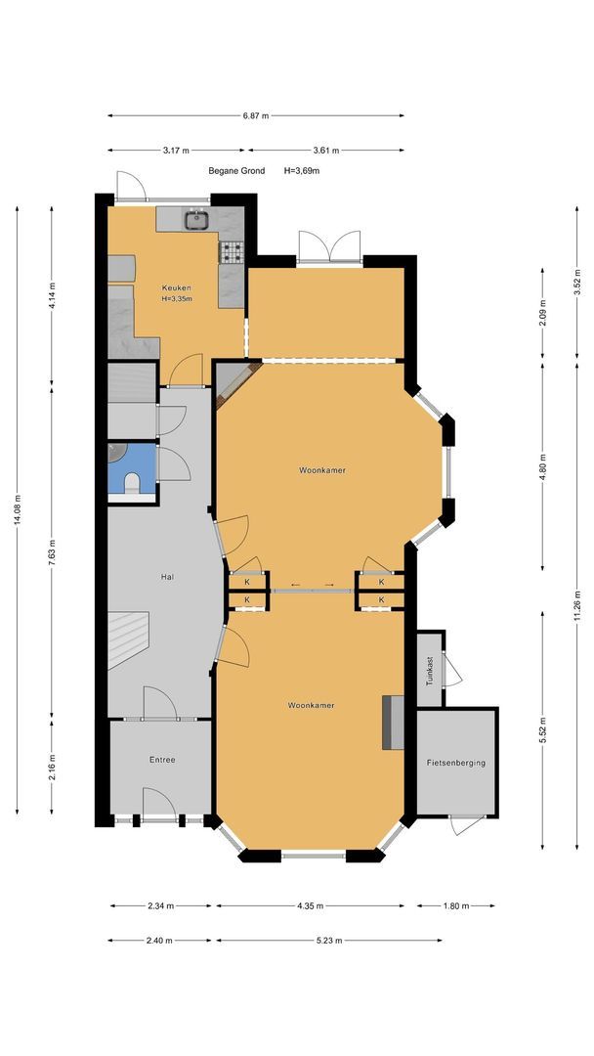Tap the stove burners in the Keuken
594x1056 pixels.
tap(233, 252)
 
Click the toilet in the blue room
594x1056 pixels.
tap(133, 482)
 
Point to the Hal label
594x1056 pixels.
tap(167, 577)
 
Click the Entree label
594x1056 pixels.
tap(162, 760)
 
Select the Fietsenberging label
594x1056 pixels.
tap(456, 763)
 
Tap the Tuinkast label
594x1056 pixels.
tap(430, 670)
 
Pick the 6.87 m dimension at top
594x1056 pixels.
tap(256, 115)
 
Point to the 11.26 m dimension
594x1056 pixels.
tap(577, 603)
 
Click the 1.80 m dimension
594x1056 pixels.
tap(455, 905)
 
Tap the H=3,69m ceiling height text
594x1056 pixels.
tap(301, 171)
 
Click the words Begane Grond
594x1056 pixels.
tap(236, 171)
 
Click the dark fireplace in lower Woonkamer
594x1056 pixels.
tap(393, 723)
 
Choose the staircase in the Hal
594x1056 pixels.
tap(128, 638)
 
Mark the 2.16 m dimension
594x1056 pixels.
tap(52, 769)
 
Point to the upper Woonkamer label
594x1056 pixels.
tap(322, 470)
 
